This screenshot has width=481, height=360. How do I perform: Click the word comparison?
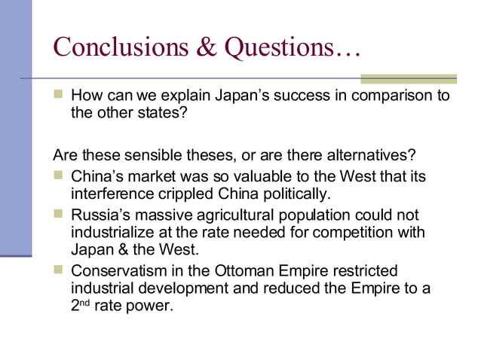coord(388,96)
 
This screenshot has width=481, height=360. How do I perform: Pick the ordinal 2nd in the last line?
coord(80,305)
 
